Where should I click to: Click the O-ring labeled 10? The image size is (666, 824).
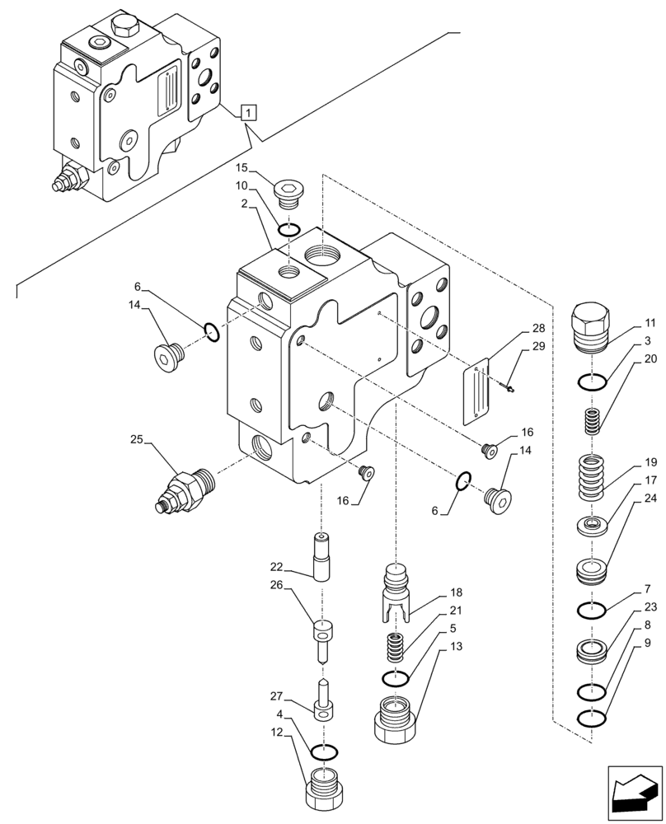[288, 229]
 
